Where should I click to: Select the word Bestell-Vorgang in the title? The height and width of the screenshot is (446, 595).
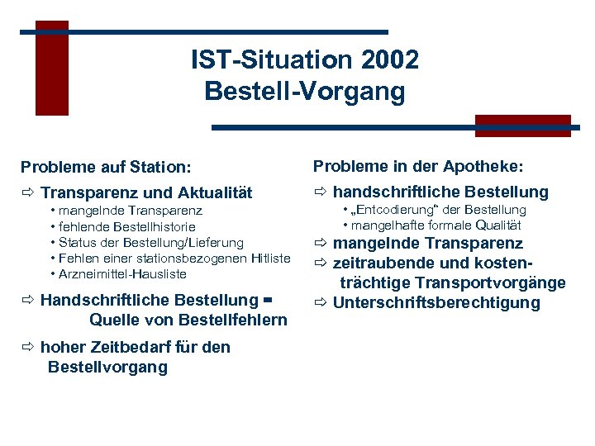point(305,90)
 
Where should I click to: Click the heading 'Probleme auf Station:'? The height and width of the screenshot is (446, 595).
point(106,168)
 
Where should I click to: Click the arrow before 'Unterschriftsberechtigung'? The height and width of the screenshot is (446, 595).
point(321,302)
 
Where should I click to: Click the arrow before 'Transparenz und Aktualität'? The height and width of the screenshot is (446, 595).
point(28,193)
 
